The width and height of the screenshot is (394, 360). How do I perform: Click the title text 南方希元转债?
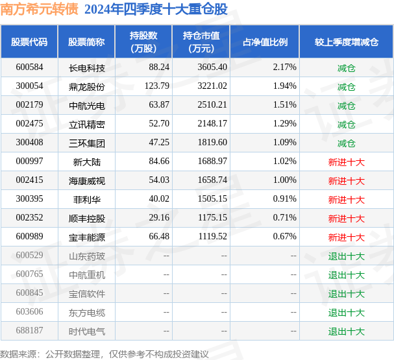pos(40,9)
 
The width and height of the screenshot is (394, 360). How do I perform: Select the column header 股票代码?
pos(29,42)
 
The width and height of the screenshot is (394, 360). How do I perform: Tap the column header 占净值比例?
pos(265,42)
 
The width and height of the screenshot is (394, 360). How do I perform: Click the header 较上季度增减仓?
pos(346,42)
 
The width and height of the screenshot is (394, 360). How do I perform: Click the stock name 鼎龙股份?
pos(86,86)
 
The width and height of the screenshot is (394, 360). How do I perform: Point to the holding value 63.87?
pos(158,105)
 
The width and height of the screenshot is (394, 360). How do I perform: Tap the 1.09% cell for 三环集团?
pos(284,143)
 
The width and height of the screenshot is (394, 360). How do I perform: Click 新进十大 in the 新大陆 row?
pos(346,162)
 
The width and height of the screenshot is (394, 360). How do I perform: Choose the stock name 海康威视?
pos(86,180)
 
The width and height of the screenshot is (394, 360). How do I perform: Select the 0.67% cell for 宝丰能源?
pos(284,237)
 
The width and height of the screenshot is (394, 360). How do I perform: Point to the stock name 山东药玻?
pos(86,256)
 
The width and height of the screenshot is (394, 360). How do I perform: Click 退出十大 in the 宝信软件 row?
pos(346,293)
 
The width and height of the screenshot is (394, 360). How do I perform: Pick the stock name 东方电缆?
pos(86,312)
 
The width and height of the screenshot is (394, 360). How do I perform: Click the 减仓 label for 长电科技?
pos(346,67)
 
